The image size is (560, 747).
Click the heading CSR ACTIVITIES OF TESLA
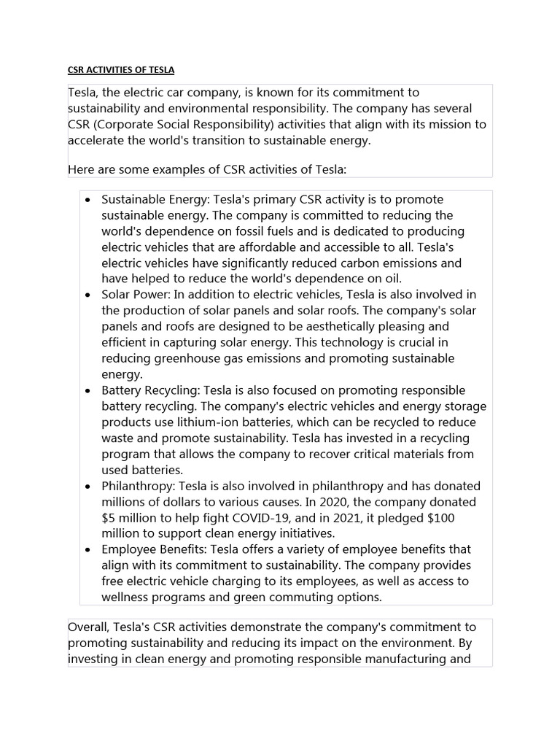coord(121,70)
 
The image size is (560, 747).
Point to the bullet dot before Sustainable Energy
coord(87,200)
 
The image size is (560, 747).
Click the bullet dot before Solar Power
coord(87,295)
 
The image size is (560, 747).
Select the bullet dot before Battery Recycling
coord(87,390)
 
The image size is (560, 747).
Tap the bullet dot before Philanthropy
coord(87,486)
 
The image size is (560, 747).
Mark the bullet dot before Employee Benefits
coord(87,549)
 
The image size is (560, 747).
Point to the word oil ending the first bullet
coord(390,279)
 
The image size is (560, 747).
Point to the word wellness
coord(127,597)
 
